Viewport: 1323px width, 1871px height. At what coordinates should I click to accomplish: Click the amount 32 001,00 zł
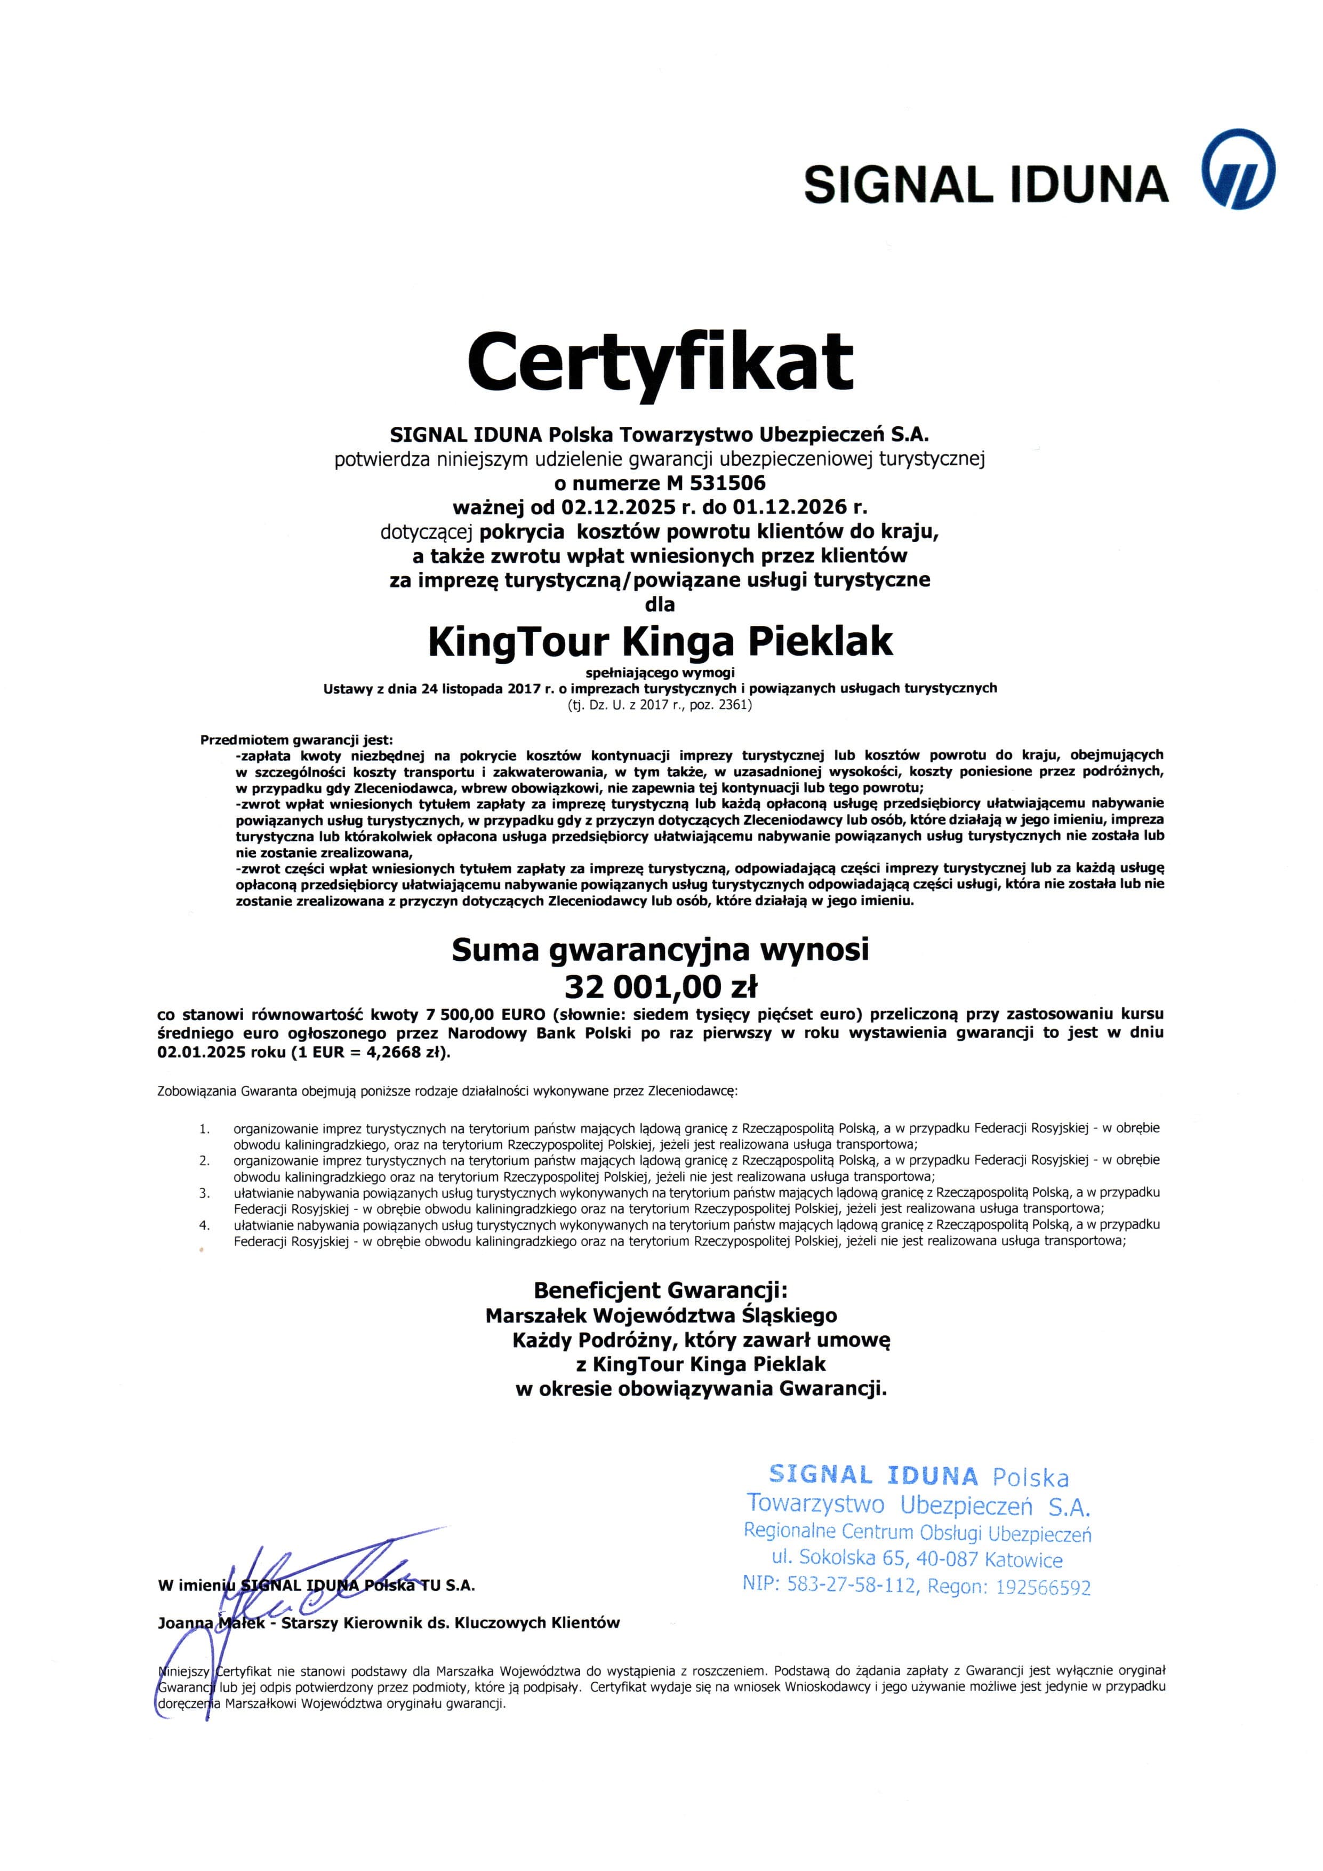click(661, 987)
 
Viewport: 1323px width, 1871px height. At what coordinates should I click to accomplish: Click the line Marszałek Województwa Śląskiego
click(661, 1315)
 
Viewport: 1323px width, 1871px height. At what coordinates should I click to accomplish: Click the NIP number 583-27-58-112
click(847, 1585)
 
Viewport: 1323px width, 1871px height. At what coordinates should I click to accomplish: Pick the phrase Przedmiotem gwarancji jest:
click(296, 740)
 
